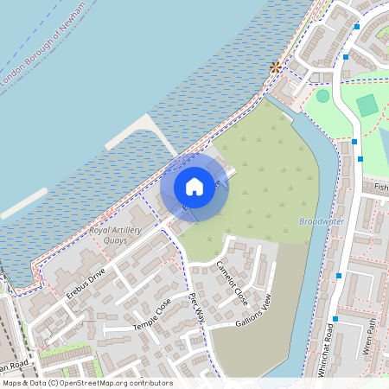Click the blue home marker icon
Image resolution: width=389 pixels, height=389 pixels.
coord(194,186)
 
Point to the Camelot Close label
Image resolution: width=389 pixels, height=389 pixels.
coord(232,283)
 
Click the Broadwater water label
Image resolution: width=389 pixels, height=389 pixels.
coord(321,221)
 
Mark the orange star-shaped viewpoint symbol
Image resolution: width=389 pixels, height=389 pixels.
coord(276,67)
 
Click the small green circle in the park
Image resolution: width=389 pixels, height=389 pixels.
coord(322,96)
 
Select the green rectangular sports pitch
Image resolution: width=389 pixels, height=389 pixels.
coord(367,105)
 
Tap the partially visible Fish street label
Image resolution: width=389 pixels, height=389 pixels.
coord(381,186)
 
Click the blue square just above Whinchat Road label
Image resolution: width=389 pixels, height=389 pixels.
coord(339,275)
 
